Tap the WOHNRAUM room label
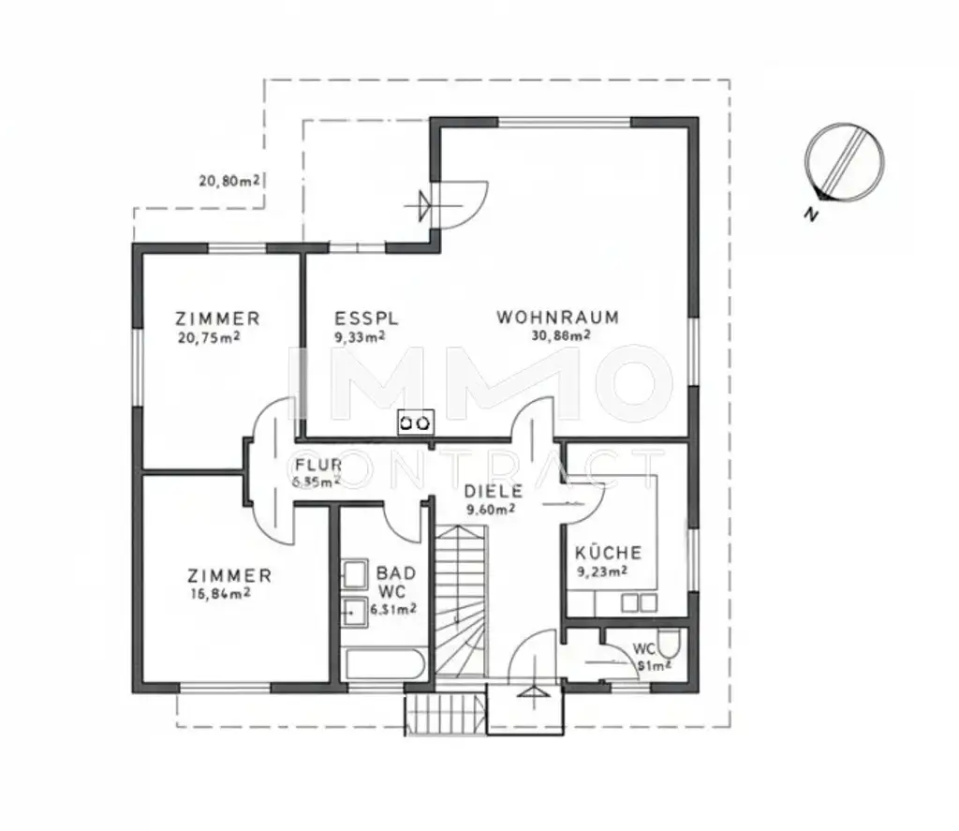pos(557,318)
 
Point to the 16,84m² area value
pos(218,592)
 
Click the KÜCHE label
pos(608,553)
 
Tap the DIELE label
pos(493,490)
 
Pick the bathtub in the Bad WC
pos(385,664)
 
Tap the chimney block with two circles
pos(416,423)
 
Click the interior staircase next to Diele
pos(461,600)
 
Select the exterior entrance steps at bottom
pos(446,714)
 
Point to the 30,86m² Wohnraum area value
pos(557,336)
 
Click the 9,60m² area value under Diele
pos(491,510)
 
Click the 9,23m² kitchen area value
pos(601,570)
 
